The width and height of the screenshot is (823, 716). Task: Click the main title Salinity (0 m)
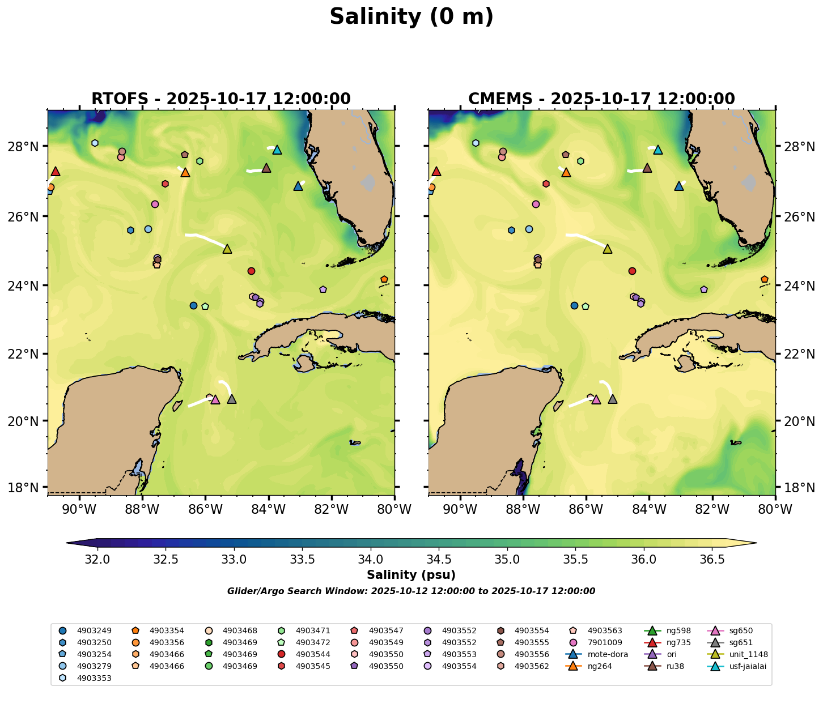pos(411,17)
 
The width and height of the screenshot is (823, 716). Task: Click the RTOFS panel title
pos(221,99)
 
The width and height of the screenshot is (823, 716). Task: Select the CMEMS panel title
pos(601,99)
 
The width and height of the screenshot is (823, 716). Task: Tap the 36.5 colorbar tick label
pos(712,560)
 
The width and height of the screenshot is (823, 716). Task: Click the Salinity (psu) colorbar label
pos(411,576)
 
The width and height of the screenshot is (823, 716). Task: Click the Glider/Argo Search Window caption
pos(411,591)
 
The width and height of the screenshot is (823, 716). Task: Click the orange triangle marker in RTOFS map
pos(185,172)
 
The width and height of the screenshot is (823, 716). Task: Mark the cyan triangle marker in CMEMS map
pos(658,150)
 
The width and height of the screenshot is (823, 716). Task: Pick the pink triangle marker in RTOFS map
pos(215,399)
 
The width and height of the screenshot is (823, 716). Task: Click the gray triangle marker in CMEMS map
pos(613,399)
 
